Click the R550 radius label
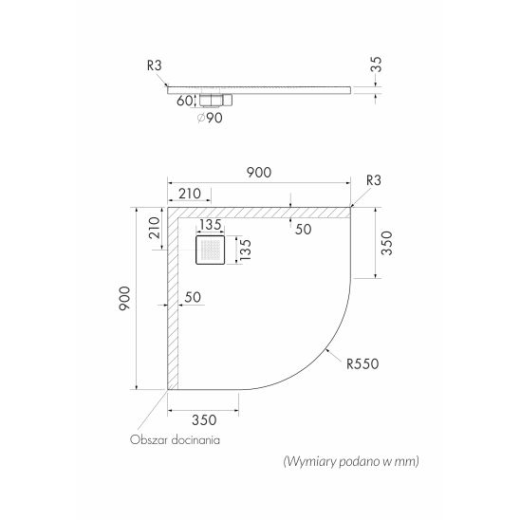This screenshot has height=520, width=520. pos(362,363)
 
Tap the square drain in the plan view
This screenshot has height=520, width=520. pos(211,250)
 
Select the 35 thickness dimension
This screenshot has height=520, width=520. pos(377,65)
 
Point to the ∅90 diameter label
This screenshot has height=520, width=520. pos(210,118)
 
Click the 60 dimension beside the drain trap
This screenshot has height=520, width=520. pos(185,101)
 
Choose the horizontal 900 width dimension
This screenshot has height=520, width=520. pos(259,173)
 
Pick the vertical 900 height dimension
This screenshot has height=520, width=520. pos(124,299)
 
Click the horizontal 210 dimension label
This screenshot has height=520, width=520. pos(190,194)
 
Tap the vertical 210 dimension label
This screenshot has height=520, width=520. pos(155,228)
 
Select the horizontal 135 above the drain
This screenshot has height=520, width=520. pos(211,225)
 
